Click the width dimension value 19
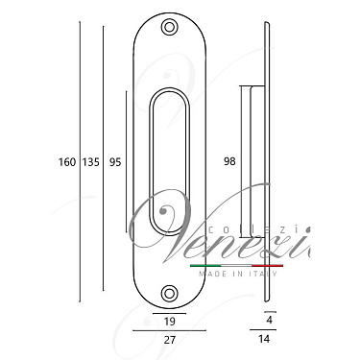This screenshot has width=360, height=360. [x=169, y=324]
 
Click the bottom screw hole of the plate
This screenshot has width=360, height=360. [x=170, y=292]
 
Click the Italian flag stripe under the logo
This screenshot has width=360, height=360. [x=235, y=264]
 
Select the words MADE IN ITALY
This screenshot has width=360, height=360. [x=235, y=274]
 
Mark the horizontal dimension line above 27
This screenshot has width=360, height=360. [x=169, y=330]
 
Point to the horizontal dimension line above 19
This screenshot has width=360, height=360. [x=169, y=314]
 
